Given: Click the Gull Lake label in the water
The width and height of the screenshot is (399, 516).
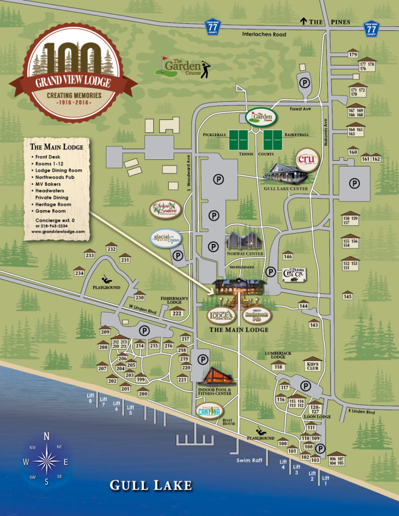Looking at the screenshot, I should tap(151, 486).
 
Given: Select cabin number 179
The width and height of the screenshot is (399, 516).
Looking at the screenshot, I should tap(353, 55).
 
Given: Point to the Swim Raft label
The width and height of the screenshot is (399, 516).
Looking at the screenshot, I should tap(249, 460).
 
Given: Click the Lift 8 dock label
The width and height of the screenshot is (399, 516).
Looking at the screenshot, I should tap(90, 398).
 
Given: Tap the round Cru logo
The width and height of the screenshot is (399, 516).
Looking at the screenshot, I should tap(307, 159).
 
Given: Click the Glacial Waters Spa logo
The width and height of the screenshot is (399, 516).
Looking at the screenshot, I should tap(165, 239).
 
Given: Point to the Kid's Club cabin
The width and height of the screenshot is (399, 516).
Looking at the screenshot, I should tap(312, 365).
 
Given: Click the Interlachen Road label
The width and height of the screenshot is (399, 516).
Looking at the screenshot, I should tap(264, 34).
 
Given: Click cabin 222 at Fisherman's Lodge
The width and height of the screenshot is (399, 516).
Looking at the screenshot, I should tap(177, 313).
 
